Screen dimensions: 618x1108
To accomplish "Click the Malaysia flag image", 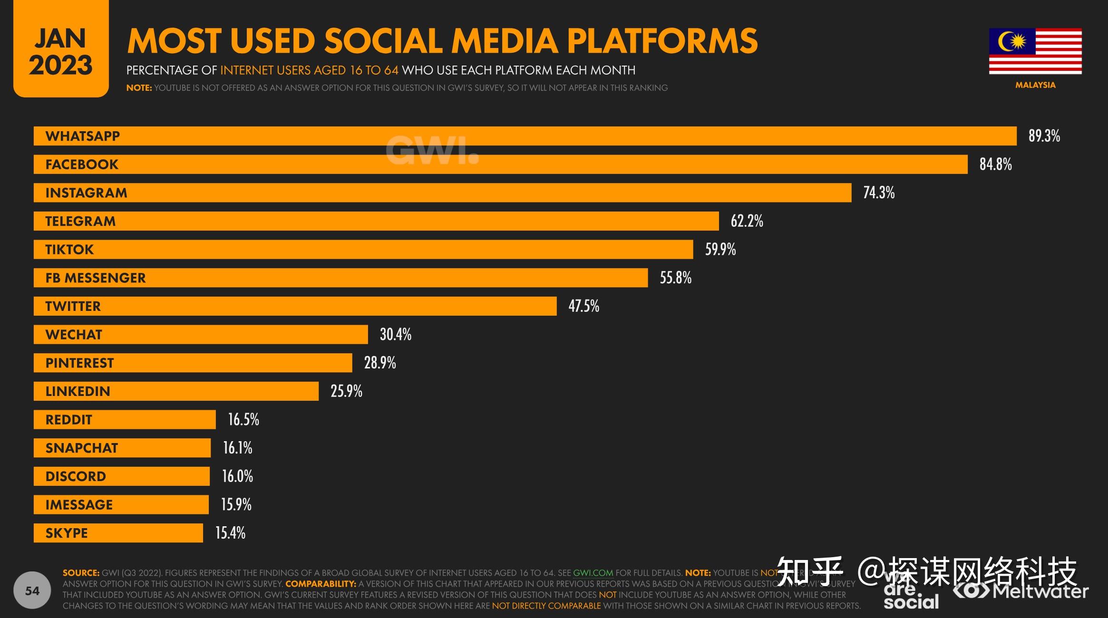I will pos(1035,51).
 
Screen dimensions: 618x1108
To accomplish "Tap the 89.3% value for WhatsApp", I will pos(1044,136).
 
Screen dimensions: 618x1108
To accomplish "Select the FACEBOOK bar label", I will pos(82,164).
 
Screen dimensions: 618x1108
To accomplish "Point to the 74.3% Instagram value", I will pos(879,193).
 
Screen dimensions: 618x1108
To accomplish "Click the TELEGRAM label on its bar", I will pos(80,221).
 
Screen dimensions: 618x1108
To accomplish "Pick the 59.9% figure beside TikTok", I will pos(720,249).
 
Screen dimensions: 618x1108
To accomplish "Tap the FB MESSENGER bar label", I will pos(96,278).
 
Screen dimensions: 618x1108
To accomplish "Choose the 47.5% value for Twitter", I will pos(583,306).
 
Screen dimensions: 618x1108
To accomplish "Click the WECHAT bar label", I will pos(74,335).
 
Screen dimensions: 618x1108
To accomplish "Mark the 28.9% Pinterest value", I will pos(379,363).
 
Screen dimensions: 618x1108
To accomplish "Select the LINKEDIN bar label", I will pos(78,391).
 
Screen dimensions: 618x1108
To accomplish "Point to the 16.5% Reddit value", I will pos(243,419).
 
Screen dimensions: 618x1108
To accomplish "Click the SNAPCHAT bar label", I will pos(81,448).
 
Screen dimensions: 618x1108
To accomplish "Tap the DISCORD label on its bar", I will pos(76,476).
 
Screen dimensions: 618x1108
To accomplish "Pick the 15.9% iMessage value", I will pos(236,504).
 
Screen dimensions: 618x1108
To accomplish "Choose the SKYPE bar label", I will pos(67,533).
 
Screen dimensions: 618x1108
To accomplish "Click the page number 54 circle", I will pos(32,591).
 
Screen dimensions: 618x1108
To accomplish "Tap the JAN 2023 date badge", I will pos(61,51).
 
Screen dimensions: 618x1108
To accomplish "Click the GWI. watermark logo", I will pos(432,151).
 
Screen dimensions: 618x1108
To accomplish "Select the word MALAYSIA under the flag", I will pos(1035,85).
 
